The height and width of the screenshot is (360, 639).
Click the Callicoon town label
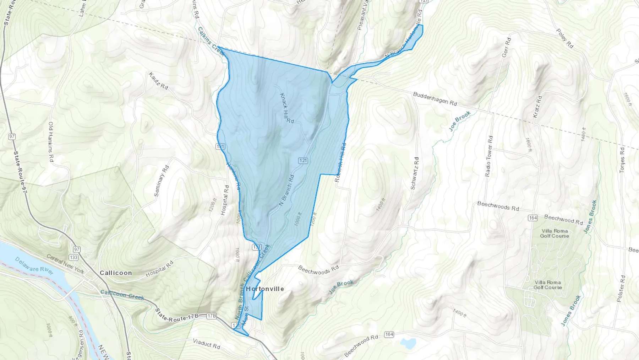pyautogui.click(x=116, y=273)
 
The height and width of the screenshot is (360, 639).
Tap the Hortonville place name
pyautogui.click(x=265, y=289)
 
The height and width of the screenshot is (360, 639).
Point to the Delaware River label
pyautogui.click(x=34, y=265)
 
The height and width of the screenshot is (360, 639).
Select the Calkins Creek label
pyautogui.click(x=211, y=41)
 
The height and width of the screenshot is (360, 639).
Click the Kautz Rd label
pyautogui.click(x=158, y=81)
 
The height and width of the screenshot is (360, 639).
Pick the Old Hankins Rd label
pyautogui.click(x=51, y=142)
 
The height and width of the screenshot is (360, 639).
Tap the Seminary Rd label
pyautogui.click(x=162, y=181)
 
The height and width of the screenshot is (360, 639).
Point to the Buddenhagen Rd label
pyautogui.click(x=435, y=99)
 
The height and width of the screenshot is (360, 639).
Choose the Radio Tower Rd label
pyautogui.click(x=489, y=156)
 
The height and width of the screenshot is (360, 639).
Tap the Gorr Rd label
pyautogui.click(x=506, y=47)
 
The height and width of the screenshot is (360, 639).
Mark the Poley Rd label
pyautogui.click(x=565, y=38)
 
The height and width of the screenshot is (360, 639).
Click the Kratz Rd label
pyautogui.click(x=537, y=107)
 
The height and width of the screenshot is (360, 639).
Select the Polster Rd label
pyautogui.click(x=621, y=289)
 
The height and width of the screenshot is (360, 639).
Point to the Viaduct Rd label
pyautogui.click(x=207, y=344)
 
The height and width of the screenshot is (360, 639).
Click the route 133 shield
pyautogui.click(x=74, y=257)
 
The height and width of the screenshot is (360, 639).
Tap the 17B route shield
pyautogui.click(x=212, y=316)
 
